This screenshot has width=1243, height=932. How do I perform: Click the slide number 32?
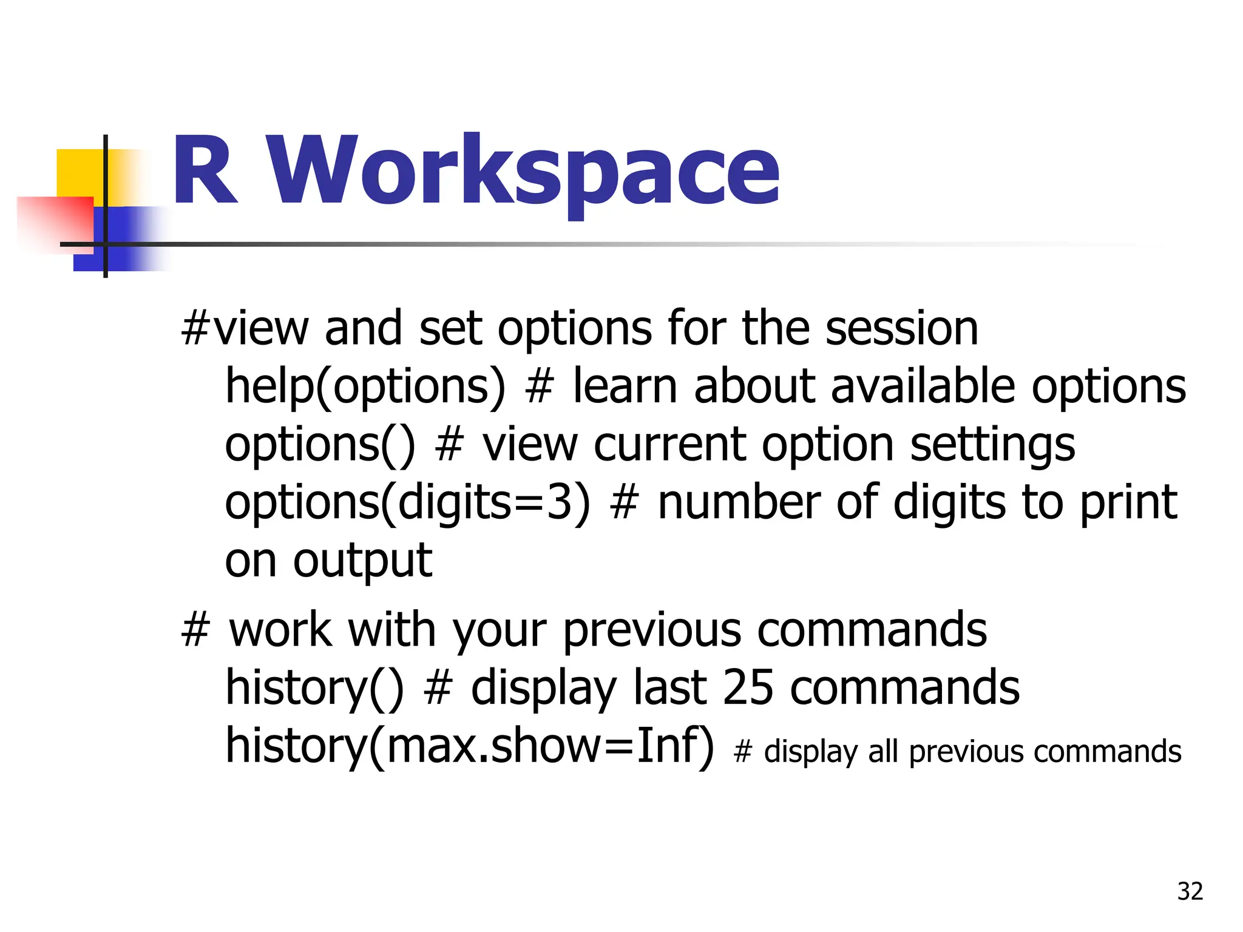[x=1190, y=891]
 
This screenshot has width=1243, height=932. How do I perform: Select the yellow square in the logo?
[x=79, y=173]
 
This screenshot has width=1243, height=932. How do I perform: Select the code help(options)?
[x=365, y=387]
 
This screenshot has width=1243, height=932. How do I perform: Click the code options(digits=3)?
[x=407, y=503]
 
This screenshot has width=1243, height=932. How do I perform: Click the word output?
[x=362, y=561]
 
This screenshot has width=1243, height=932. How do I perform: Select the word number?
[x=739, y=503]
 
